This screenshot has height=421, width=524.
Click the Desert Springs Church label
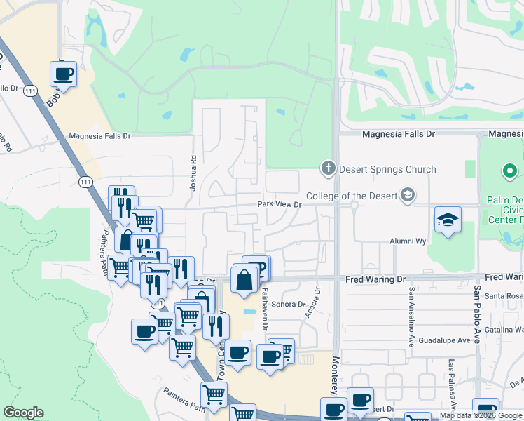click(387, 169)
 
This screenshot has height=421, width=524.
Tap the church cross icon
click(327, 168)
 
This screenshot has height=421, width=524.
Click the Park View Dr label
click(279, 204)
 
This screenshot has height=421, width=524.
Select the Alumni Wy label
click(408, 241)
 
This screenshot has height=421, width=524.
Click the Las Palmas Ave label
click(452, 385)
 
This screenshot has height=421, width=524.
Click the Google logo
click(23, 413)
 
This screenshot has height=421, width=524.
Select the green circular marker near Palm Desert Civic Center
click(510, 171)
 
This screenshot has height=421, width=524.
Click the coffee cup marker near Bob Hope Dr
click(63, 74)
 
